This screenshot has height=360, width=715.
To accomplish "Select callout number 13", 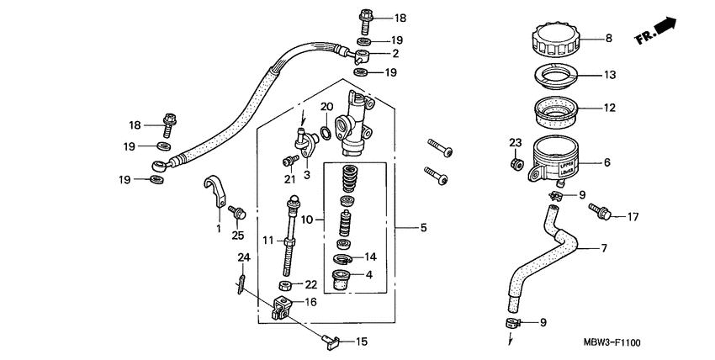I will pyautogui.click(x=610, y=75).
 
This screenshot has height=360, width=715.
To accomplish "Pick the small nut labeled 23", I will pyautogui.click(x=516, y=161).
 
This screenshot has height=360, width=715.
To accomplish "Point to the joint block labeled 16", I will pyautogui.click(x=283, y=309).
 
